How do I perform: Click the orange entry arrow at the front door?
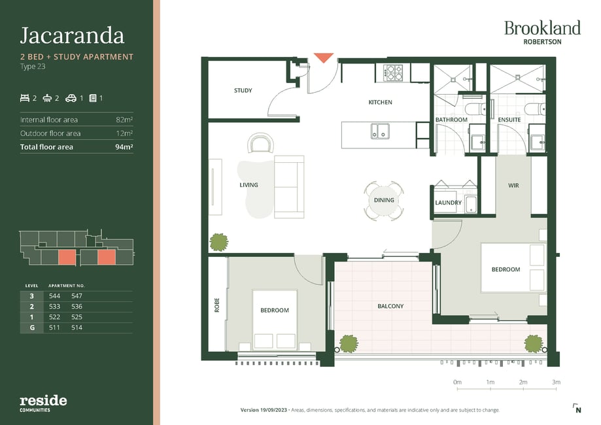(x=324, y=58)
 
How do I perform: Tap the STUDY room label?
(x=243, y=90)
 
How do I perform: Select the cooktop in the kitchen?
(x=393, y=73)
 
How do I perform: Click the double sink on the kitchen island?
(x=380, y=131)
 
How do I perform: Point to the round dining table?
(x=384, y=201)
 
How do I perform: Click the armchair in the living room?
(x=261, y=143)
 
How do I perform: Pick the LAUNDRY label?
(x=448, y=203)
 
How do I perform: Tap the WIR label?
(x=513, y=186)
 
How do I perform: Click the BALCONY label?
(x=390, y=306)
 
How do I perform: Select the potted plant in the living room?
(x=219, y=242)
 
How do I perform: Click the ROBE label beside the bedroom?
(x=217, y=305)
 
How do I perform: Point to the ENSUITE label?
(x=509, y=120)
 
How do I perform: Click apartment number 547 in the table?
(x=77, y=296)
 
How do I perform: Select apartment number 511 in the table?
(x=54, y=328)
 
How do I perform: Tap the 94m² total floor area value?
(x=124, y=146)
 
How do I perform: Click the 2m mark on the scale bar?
(x=523, y=382)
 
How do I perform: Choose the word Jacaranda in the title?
(x=72, y=36)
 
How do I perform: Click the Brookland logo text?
(x=542, y=28)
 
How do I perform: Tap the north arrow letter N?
(x=578, y=410)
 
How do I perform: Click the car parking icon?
(x=71, y=99)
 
